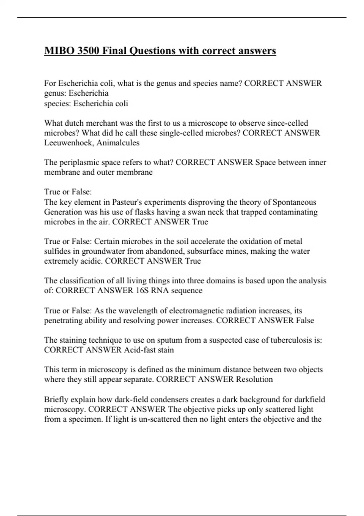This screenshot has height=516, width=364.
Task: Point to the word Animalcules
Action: pyautogui.click(x=118, y=143)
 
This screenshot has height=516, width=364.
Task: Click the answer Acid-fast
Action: pyautogui.click(x=140, y=350)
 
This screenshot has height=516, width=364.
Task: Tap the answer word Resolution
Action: pyautogui.click(x=254, y=379)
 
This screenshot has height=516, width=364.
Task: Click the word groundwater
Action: pyautogui.click(x=103, y=251)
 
